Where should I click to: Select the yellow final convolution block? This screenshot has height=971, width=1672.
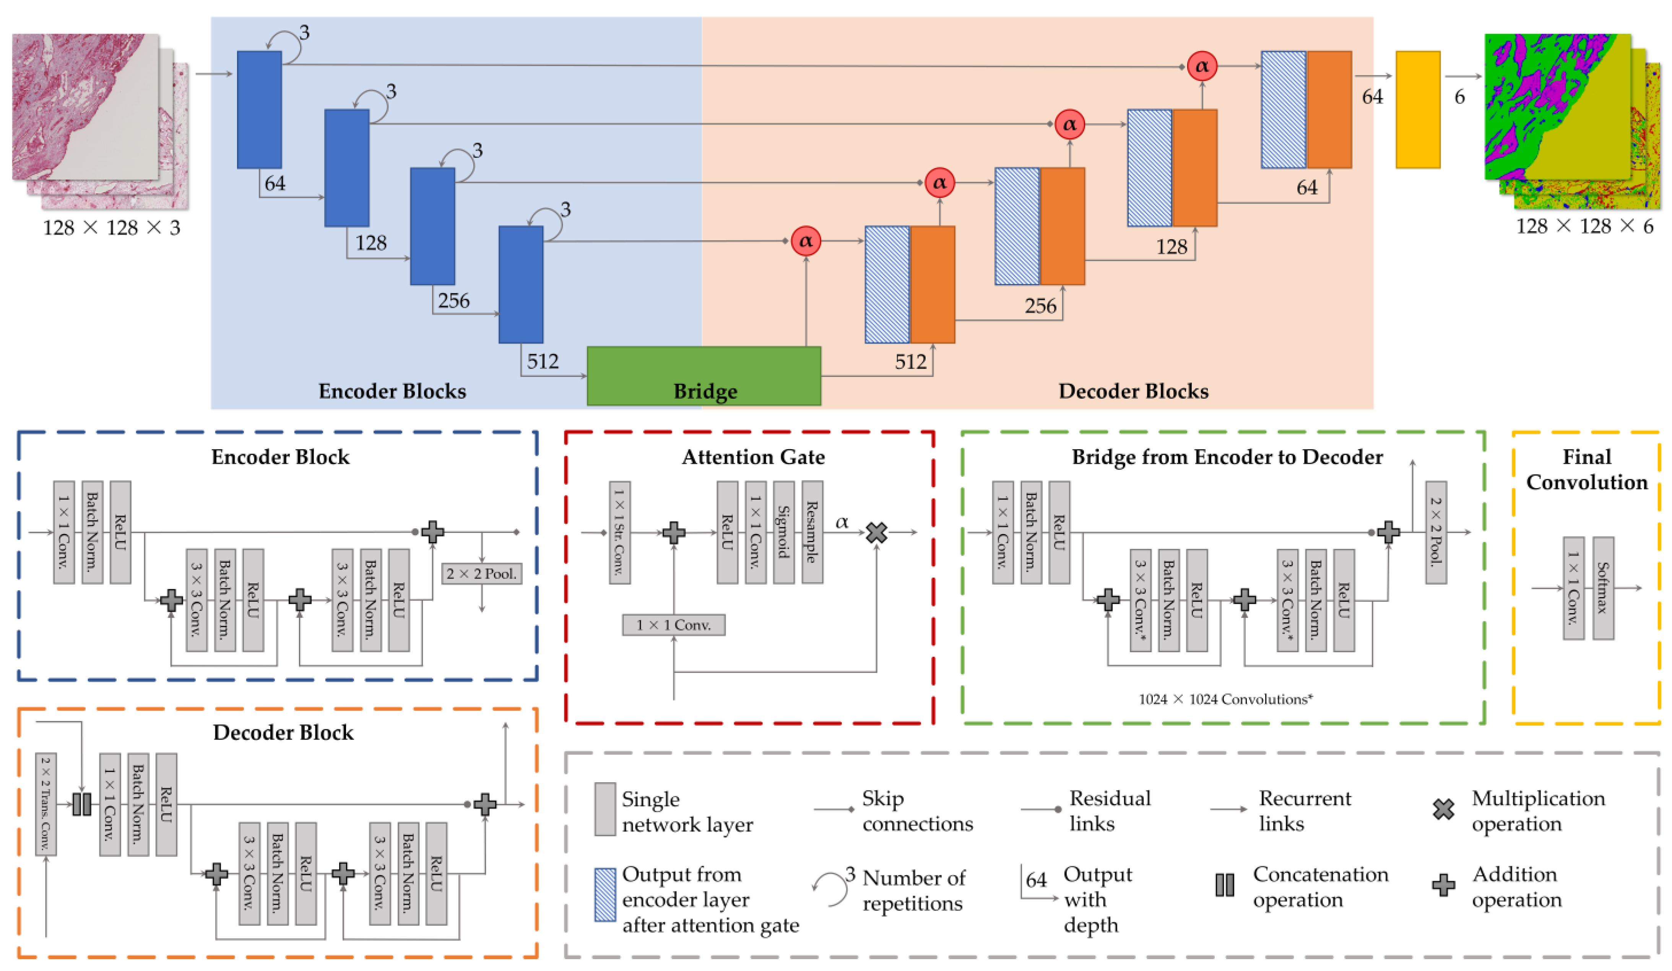click(1417, 109)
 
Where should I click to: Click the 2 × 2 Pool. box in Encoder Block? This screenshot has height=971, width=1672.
click(482, 574)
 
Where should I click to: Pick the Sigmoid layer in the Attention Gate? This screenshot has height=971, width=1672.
click(783, 532)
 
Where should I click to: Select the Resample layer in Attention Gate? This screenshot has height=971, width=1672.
click(812, 532)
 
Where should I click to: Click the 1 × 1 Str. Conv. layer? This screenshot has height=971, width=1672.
click(620, 532)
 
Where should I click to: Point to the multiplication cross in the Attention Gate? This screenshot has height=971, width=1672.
click(876, 532)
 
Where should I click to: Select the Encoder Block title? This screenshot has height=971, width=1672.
click(280, 457)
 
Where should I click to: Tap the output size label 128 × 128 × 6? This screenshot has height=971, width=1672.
click(1584, 227)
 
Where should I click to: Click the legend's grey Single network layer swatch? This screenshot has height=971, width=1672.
click(604, 809)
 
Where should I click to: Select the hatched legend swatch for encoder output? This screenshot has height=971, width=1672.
click(604, 895)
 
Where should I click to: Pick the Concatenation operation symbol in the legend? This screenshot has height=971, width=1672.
click(1224, 885)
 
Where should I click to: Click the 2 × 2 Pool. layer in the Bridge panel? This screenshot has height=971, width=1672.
click(1436, 532)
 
